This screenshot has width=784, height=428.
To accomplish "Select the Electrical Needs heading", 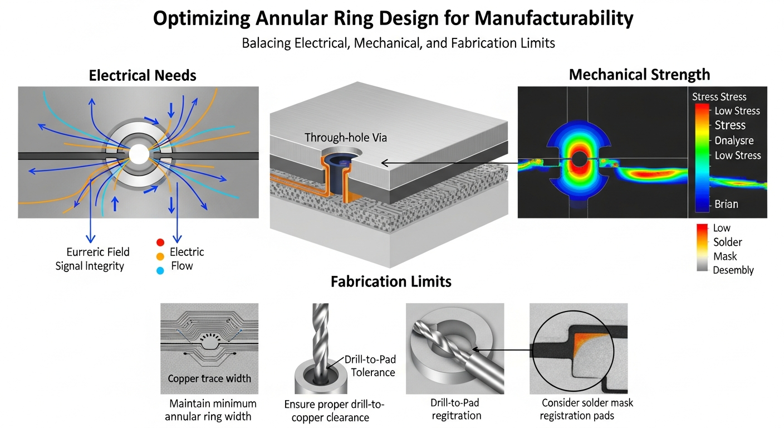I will pyautogui.click(x=143, y=75).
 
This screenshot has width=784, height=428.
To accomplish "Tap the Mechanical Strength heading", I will pyautogui.click(x=639, y=74).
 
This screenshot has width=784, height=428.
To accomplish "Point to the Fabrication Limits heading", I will pyautogui.click(x=391, y=281).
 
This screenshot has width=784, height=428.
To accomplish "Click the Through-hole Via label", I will pyautogui.click(x=339, y=137).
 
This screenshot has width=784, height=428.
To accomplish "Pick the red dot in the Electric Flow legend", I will pyautogui.click(x=160, y=242).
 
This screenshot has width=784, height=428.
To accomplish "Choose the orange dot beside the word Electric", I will pyautogui.click(x=160, y=256).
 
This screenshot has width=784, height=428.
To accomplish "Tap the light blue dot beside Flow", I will pyautogui.click(x=160, y=271).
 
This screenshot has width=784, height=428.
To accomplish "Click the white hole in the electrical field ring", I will pyautogui.click(x=139, y=154).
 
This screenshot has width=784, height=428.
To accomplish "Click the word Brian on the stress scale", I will pyautogui.click(x=726, y=204).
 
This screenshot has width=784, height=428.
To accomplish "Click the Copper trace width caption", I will pyautogui.click(x=209, y=378).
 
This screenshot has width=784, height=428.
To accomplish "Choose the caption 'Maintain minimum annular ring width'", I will pyautogui.click(x=213, y=410).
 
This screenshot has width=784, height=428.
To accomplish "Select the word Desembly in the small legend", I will pyautogui.click(x=733, y=270).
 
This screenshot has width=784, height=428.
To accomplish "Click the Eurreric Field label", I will pyautogui.click(x=97, y=252).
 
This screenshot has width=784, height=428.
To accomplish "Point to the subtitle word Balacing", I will pyautogui.click(x=266, y=43).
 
